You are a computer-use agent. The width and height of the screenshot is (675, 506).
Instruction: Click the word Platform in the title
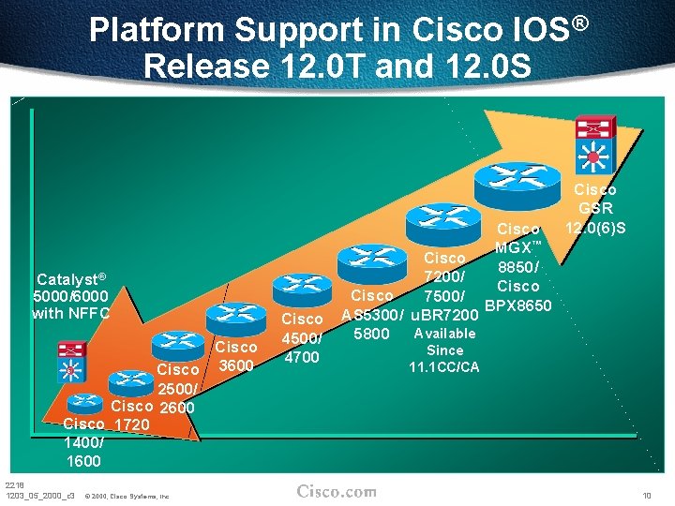[158, 31]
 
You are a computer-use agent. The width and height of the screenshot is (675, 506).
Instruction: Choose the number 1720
[133, 424]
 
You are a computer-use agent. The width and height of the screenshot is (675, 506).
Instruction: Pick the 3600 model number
[236, 365]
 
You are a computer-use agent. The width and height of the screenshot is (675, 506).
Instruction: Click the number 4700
[301, 357]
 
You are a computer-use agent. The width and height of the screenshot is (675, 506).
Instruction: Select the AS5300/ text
[372, 314]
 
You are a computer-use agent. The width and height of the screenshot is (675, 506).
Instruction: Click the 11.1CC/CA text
[443, 366]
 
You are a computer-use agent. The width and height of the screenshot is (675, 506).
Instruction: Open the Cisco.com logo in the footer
[337, 491]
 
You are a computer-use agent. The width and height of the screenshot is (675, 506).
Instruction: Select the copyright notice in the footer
[127, 496]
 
